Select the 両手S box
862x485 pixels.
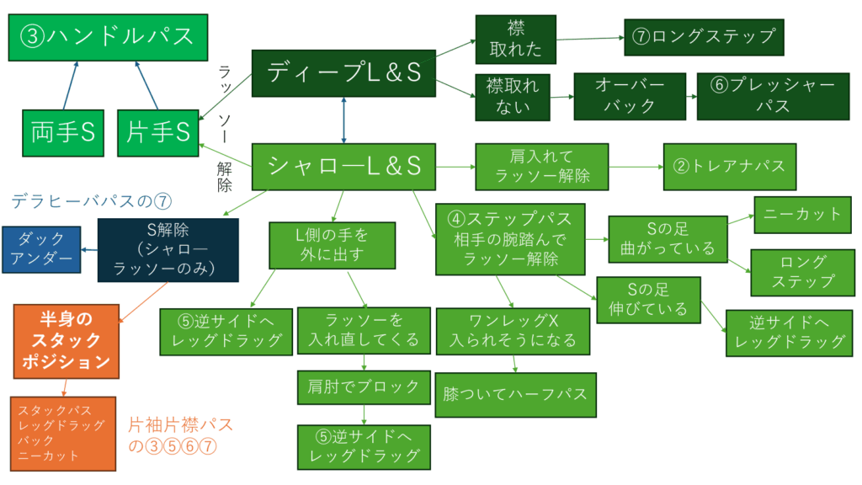(x=64, y=131)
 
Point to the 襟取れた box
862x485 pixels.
(x=515, y=39)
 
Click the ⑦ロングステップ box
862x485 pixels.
(x=703, y=37)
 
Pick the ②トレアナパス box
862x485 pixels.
(x=729, y=166)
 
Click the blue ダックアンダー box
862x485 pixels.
(x=42, y=249)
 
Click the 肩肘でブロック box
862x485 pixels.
(x=364, y=386)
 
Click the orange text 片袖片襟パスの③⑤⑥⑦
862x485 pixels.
(x=180, y=435)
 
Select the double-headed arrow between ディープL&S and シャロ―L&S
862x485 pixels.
(x=343, y=119)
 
